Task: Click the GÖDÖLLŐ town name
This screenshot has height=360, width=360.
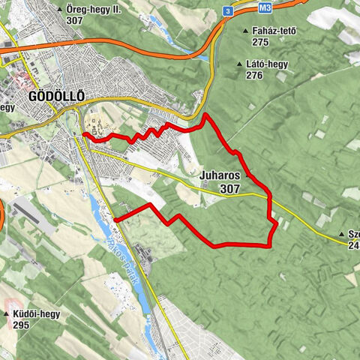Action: [56, 97]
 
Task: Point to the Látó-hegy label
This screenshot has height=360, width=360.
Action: [268, 64]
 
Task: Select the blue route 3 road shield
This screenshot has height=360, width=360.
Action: [226, 10]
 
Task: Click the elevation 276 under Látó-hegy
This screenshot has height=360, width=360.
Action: [254, 76]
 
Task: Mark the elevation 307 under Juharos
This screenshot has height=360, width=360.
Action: [230, 190]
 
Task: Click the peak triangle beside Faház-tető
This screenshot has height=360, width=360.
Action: [246, 31]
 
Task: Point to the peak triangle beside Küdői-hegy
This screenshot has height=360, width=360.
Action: [7, 314]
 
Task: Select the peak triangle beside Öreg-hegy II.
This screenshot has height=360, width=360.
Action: [59, 10]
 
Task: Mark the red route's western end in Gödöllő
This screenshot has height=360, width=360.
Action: [84, 134]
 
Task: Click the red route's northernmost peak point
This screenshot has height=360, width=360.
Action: [206, 115]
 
